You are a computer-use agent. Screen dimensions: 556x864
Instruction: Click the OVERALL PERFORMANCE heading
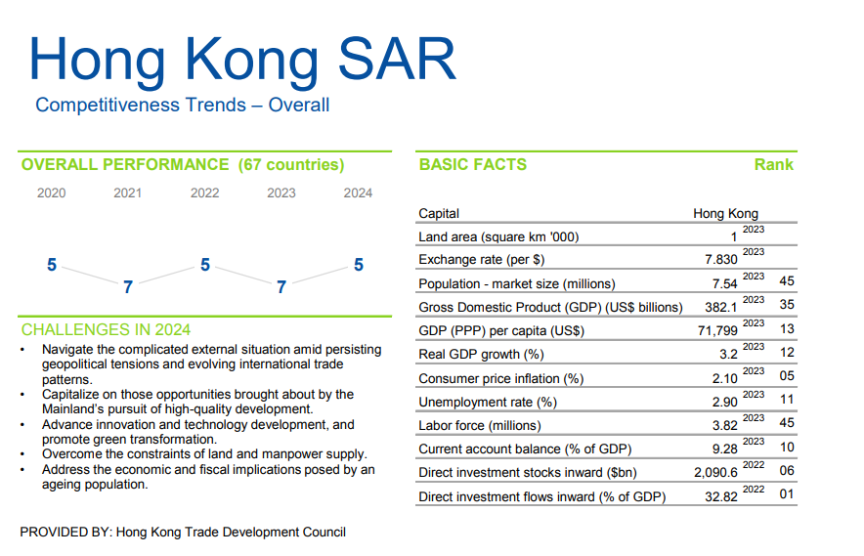[183, 165]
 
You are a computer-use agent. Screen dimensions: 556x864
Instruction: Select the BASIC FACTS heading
[472, 165]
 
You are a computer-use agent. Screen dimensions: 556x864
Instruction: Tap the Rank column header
[773, 165]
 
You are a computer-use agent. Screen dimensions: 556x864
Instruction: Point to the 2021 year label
[128, 193]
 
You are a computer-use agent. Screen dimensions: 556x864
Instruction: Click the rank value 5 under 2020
[52, 265]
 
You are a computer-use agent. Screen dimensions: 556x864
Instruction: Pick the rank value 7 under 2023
[281, 287]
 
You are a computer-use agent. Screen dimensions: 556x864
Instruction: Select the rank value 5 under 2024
[359, 265]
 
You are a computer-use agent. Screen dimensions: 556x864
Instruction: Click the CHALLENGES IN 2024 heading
[106, 330]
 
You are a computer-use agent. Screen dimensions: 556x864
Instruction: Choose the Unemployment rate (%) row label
[488, 402]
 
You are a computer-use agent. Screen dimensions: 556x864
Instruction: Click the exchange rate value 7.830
[720, 260]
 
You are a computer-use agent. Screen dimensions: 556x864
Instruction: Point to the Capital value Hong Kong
[725, 214]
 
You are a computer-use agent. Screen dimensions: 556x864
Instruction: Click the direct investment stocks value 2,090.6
[713, 472]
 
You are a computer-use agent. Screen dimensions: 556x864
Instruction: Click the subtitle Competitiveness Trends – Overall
[183, 106]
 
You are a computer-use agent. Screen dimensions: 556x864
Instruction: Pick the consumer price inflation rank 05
[787, 376]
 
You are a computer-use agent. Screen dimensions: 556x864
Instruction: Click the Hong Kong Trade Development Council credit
[231, 533]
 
